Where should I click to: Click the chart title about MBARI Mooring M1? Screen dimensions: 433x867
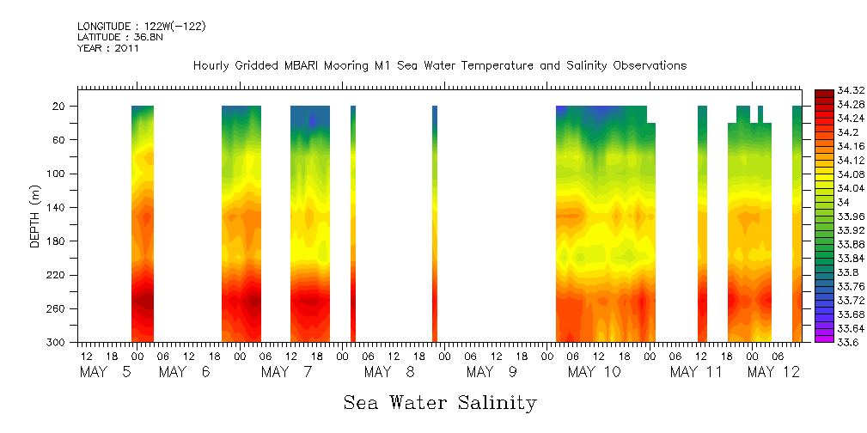click(439, 66)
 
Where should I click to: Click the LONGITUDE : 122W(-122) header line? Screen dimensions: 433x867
click(141, 27)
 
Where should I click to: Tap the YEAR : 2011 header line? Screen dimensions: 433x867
click(108, 48)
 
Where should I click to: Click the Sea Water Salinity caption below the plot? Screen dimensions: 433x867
click(440, 402)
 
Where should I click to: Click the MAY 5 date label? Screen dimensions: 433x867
click(106, 372)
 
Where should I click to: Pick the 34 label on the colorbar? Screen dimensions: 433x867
click(841, 202)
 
